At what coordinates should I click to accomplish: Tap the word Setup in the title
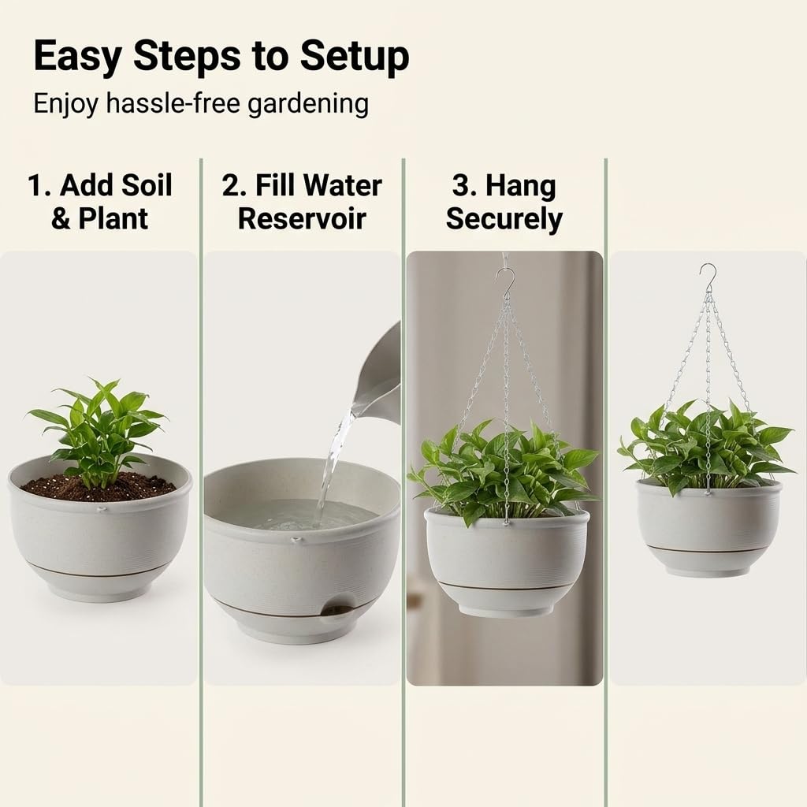(x=355, y=56)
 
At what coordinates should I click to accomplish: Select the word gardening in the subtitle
(x=308, y=105)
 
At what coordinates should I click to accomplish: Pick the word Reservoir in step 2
(x=302, y=219)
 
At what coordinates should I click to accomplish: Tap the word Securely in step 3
(x=504, y=220)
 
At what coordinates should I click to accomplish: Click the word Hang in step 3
(x=520, y=186)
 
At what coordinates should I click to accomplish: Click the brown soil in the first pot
(x=98, y=489)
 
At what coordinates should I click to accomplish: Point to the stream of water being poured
(x=334, y=458)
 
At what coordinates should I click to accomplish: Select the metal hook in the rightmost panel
(x=708, y=279)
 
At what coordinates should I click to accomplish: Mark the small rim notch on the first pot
(x=102, y=510)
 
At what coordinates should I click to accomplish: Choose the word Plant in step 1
(x=113, y=219)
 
